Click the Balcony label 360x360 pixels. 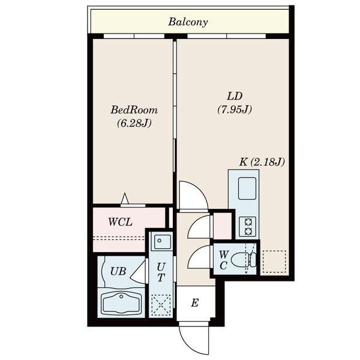click(188, 22)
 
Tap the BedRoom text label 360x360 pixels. click(134, 110)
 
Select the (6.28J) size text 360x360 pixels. click(134, 124)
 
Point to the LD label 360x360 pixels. click(235, 96)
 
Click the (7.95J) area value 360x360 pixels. click(235, 109)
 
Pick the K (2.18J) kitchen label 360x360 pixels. click(262, 162)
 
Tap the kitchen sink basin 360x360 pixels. click(247, 188)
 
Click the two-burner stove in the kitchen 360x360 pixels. click(248, 227)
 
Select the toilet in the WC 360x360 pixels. click(244, 260)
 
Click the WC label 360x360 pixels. click(224, 260)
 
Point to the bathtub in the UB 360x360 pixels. click(121, 303)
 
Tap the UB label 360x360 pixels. click(118, 271)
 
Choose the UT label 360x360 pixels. click(161, 272)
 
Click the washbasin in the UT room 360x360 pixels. click(163, 242)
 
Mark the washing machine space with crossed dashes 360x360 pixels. click(161, 305)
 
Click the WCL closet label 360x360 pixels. click(121, 222)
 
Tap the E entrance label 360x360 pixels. click(194, 303)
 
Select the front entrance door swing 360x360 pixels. click(194, 338)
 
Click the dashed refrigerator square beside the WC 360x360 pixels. click(274, 262)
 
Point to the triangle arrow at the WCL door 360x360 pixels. click(125, 198)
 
